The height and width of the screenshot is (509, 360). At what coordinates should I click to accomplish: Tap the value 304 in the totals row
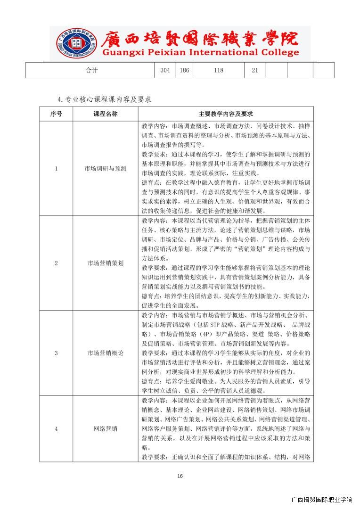pos(165,70)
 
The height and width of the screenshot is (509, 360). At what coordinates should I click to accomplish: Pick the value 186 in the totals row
pos(184,70)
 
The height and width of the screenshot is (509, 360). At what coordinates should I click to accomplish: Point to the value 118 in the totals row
pos(218,70)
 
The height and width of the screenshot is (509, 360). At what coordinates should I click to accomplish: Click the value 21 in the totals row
pos(255,70)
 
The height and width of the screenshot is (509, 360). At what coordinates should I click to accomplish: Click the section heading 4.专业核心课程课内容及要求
pos(104,99)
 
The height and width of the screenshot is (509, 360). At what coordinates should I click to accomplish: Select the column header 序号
pos(56,114)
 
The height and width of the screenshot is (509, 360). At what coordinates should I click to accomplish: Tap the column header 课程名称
pos(106,114)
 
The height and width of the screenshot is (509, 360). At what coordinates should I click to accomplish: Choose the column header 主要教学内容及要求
pos(226,114)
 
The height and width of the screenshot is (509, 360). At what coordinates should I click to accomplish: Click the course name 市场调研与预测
pos(106,168)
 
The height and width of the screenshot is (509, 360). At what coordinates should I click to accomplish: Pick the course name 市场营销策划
pos(106,263)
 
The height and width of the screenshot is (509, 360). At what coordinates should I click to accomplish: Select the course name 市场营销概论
pos(106,353)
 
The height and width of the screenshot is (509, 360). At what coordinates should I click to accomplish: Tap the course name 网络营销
pos(106,429)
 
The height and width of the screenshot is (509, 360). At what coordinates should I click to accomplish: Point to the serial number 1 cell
pos(56,168)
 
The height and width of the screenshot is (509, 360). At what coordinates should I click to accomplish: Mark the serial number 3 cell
pos(56,353)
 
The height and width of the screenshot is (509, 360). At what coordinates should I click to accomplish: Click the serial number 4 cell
pos(56,429)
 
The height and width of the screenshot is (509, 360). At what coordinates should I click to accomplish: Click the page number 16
pos(180,476)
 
